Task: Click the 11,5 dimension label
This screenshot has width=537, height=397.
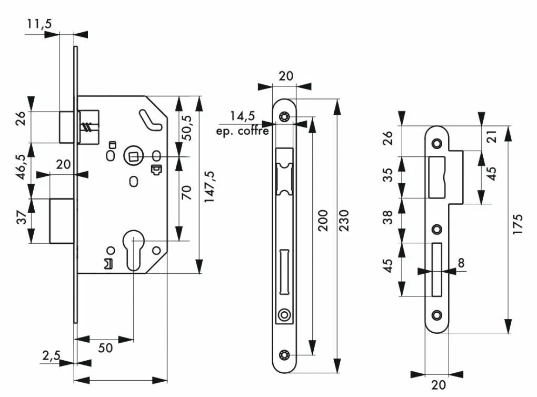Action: (x=39, y=24)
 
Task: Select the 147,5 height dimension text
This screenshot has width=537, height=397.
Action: (x=209, y=186)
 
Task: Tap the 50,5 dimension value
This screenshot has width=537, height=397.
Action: (x=187, y=128)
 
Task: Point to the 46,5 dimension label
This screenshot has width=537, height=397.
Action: (x=21, y=167)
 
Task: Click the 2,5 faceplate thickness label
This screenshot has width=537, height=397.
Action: (x=51, y=355)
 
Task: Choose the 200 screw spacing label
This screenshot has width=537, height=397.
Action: (x=323, y=220)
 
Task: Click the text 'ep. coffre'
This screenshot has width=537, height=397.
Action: (x=243, y=131)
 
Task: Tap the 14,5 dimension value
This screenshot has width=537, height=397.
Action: (x=243, y=116)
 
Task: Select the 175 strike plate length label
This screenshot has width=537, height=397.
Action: (x=518, y=224)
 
